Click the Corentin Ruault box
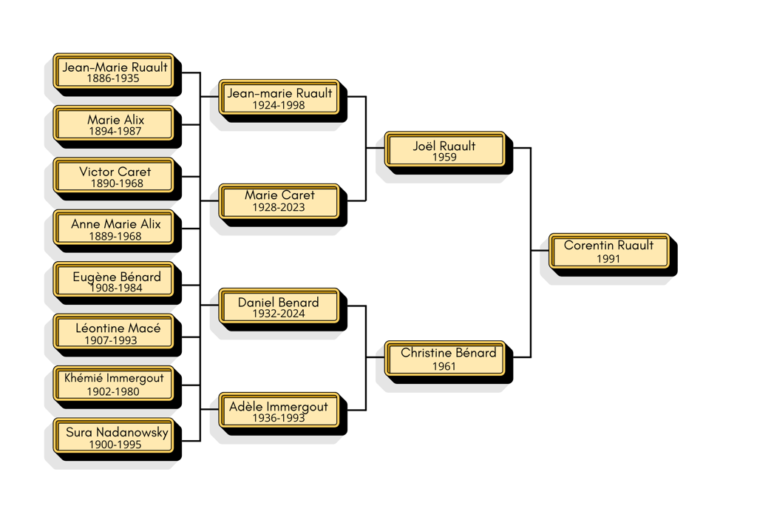click(x=609, y=252)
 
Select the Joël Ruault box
click(x=444, y=150)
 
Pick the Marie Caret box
click(x=279, y=201)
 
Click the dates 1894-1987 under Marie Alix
click(x=114, y=132)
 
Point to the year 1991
click(x=608, y=260)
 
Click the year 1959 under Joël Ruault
click(x=444, y=158)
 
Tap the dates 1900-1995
click(x=114, y=445)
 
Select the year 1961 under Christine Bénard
click(x=444, y=366)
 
